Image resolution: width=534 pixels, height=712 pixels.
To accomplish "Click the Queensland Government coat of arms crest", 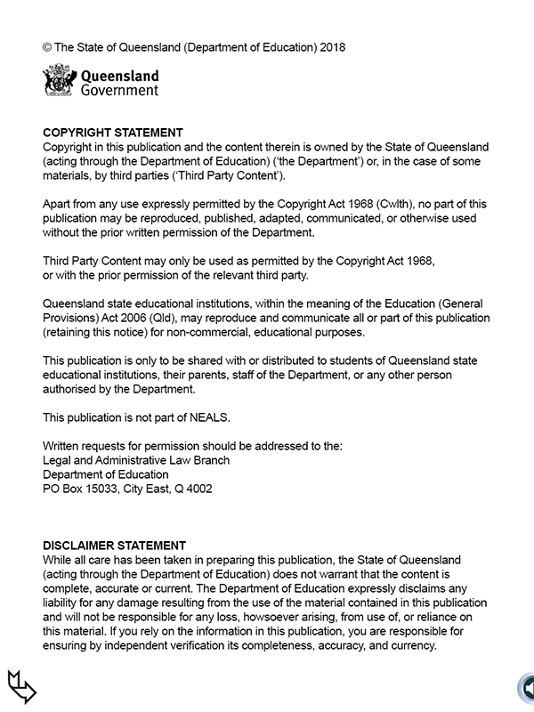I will (x=59, y=81).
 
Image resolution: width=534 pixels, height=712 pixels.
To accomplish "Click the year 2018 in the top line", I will (x=330, y=46).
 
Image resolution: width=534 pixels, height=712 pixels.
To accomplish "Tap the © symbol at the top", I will (x=47, y=46).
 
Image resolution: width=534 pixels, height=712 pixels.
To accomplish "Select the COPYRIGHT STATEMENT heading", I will (x=113, y=133).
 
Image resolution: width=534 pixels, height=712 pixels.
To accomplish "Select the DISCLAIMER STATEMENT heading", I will (x=115, y=546).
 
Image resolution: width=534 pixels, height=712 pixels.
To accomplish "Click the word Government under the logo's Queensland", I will (x=119, y=90).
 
